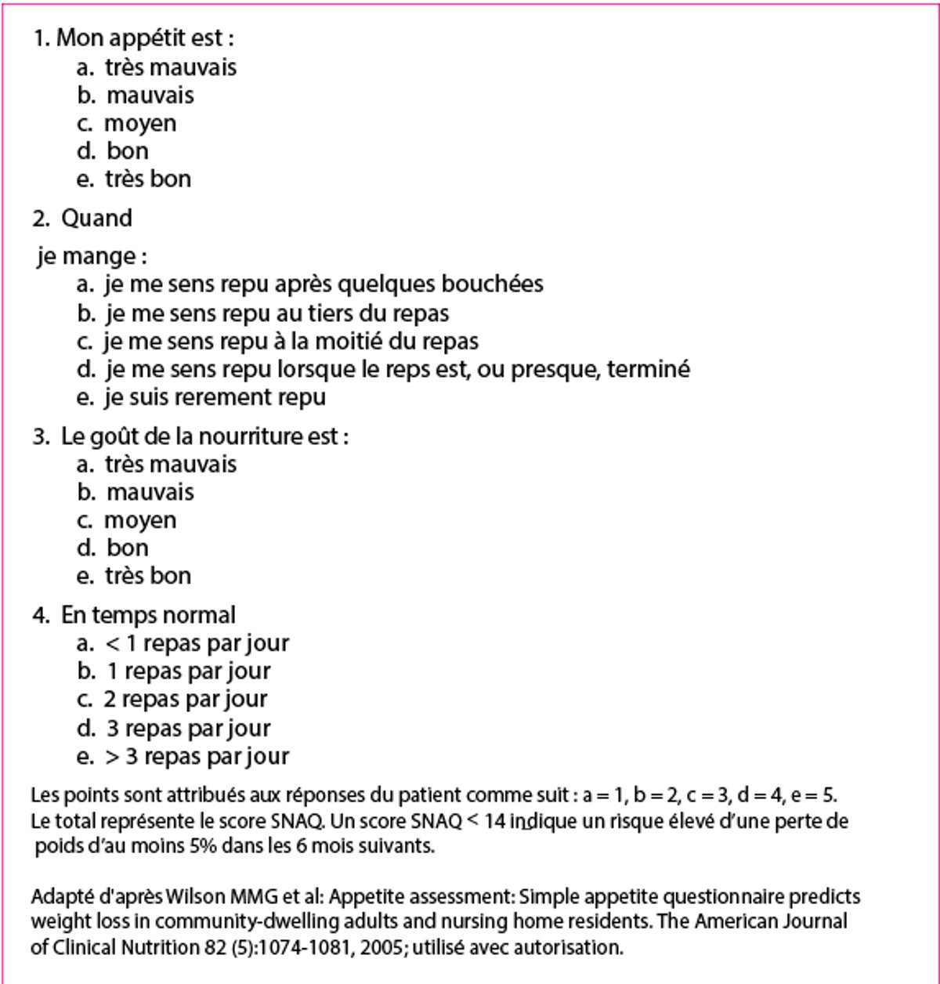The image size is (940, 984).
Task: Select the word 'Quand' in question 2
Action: [96, 218]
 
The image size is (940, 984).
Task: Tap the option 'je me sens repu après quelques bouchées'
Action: [324, 284]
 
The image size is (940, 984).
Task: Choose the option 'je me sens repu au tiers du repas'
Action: [277, 313]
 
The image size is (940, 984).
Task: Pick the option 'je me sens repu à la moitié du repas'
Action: [291, 342]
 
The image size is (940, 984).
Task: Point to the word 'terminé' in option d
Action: [649, 368]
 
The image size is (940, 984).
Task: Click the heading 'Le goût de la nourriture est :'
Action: [204, 436]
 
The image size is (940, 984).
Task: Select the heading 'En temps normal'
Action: [148, 615]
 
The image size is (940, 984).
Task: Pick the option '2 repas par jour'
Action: [186, 699]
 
